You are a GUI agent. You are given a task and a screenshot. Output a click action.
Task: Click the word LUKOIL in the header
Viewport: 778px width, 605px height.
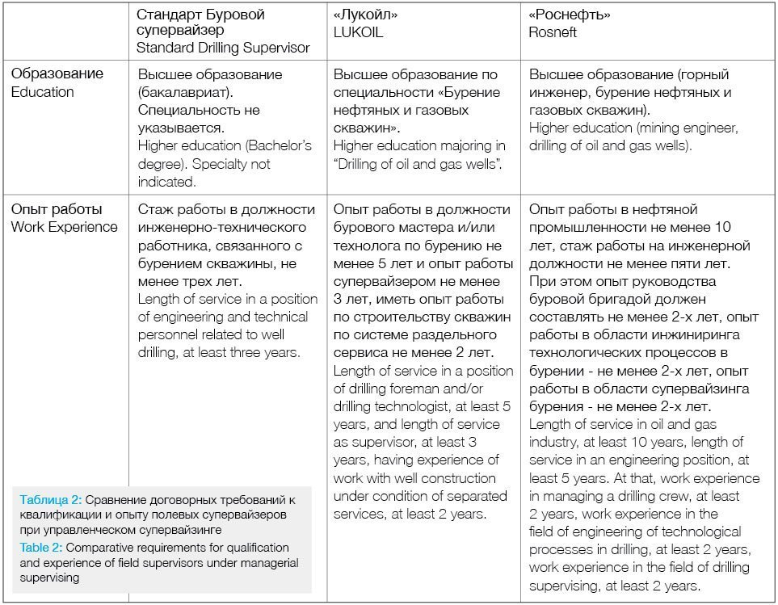point(358,33)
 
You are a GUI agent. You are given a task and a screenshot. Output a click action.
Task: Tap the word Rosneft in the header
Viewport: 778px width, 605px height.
point(554,33)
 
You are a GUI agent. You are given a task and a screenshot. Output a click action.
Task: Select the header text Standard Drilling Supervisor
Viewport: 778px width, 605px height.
point(223,48)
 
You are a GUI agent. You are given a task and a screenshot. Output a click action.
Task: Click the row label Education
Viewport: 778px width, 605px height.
point(42,92)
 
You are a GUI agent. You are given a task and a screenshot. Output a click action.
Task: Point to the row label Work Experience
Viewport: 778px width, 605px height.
point(64,227)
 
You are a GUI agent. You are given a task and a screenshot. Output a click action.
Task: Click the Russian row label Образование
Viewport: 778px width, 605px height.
point(57,74)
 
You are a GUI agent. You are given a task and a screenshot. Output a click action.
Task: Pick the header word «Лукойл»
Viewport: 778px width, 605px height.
point(365,15)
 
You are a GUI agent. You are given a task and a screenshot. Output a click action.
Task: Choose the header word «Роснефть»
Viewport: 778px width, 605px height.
point(570,15)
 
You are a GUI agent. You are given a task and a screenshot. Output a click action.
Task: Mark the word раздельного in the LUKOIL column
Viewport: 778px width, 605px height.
point(449,334)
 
